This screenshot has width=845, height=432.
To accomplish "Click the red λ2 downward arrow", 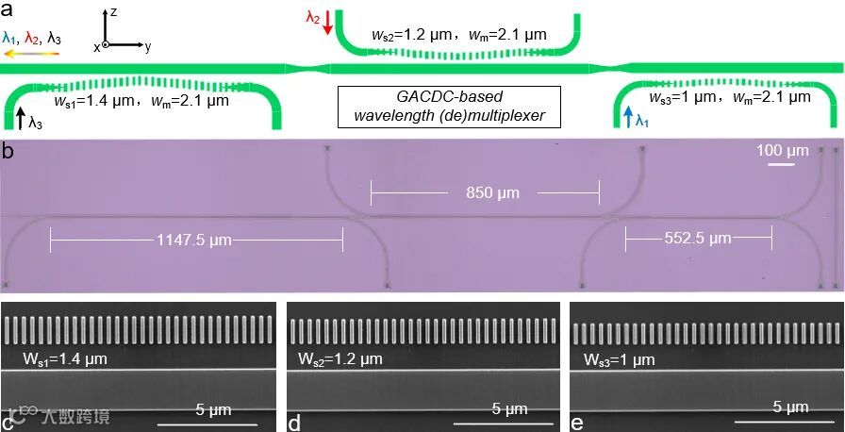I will pyautogui.click(x=326, y=23).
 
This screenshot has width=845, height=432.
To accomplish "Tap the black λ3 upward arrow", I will pyautogui.click(x=20, y=118).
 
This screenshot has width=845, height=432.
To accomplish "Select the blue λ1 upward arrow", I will pyautogui.click(x=628, y=117).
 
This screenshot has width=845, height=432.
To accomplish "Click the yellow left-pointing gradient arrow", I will pyautogui.click(x=31, y=54).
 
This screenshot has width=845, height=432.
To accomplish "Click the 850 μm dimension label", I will pyautogui.click(x=484, y=192).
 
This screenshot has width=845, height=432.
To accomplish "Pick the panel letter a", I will pyautogui.click(x=7, y=8).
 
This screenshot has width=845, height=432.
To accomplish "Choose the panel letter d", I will pyautogui.click(x=294, y=422).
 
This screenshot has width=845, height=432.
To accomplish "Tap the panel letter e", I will pyautogui.click(x=577, y=422).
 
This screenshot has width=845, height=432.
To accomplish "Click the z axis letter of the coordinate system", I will pyautogui.click(x=112, y=12).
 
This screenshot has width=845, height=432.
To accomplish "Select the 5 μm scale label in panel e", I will pyautogui.click(x=789, y=407).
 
